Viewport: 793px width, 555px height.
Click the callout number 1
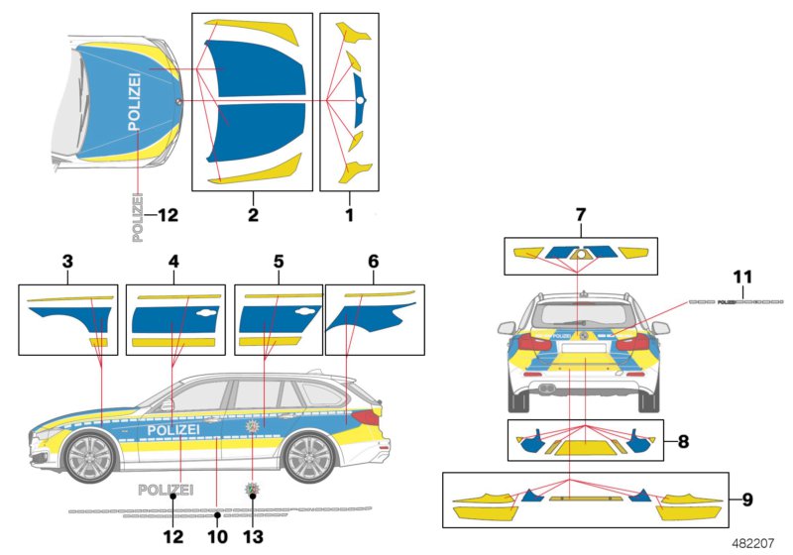click(x=350, y=213)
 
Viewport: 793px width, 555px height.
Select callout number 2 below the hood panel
click(x=252, y=213)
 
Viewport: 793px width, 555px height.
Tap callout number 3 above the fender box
click(x=66, y=263)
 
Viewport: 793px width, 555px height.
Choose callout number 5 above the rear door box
click(x=279, y=263)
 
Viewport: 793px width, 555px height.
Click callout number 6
click(x=373, y=263)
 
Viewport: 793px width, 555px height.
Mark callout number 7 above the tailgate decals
click(x=581, y=215)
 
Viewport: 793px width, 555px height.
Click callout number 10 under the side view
click(x=217, y=537)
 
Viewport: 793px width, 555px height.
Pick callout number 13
click(x=253, y=537)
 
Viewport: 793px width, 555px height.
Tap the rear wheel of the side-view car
click(x=309, y=459)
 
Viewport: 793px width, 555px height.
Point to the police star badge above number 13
click(x=253, y=491)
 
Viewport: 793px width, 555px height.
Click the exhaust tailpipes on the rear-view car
click(x=544, y=388)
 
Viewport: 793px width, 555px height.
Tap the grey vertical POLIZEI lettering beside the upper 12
click(x=137, y=217)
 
